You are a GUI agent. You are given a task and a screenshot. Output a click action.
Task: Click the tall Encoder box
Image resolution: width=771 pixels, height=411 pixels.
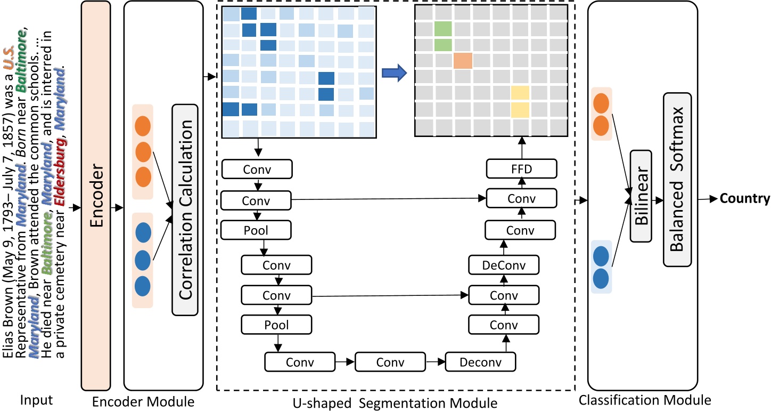[96, 195]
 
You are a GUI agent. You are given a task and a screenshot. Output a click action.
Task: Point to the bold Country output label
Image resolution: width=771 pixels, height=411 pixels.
[745, 199]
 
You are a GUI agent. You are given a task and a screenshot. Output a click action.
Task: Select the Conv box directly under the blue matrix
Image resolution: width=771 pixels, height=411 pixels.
[257, 170]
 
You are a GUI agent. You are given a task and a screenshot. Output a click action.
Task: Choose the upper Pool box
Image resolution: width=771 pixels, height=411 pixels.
[257, 231]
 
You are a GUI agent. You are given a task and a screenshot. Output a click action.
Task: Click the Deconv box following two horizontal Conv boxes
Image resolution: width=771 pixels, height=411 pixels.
[481, 362]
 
